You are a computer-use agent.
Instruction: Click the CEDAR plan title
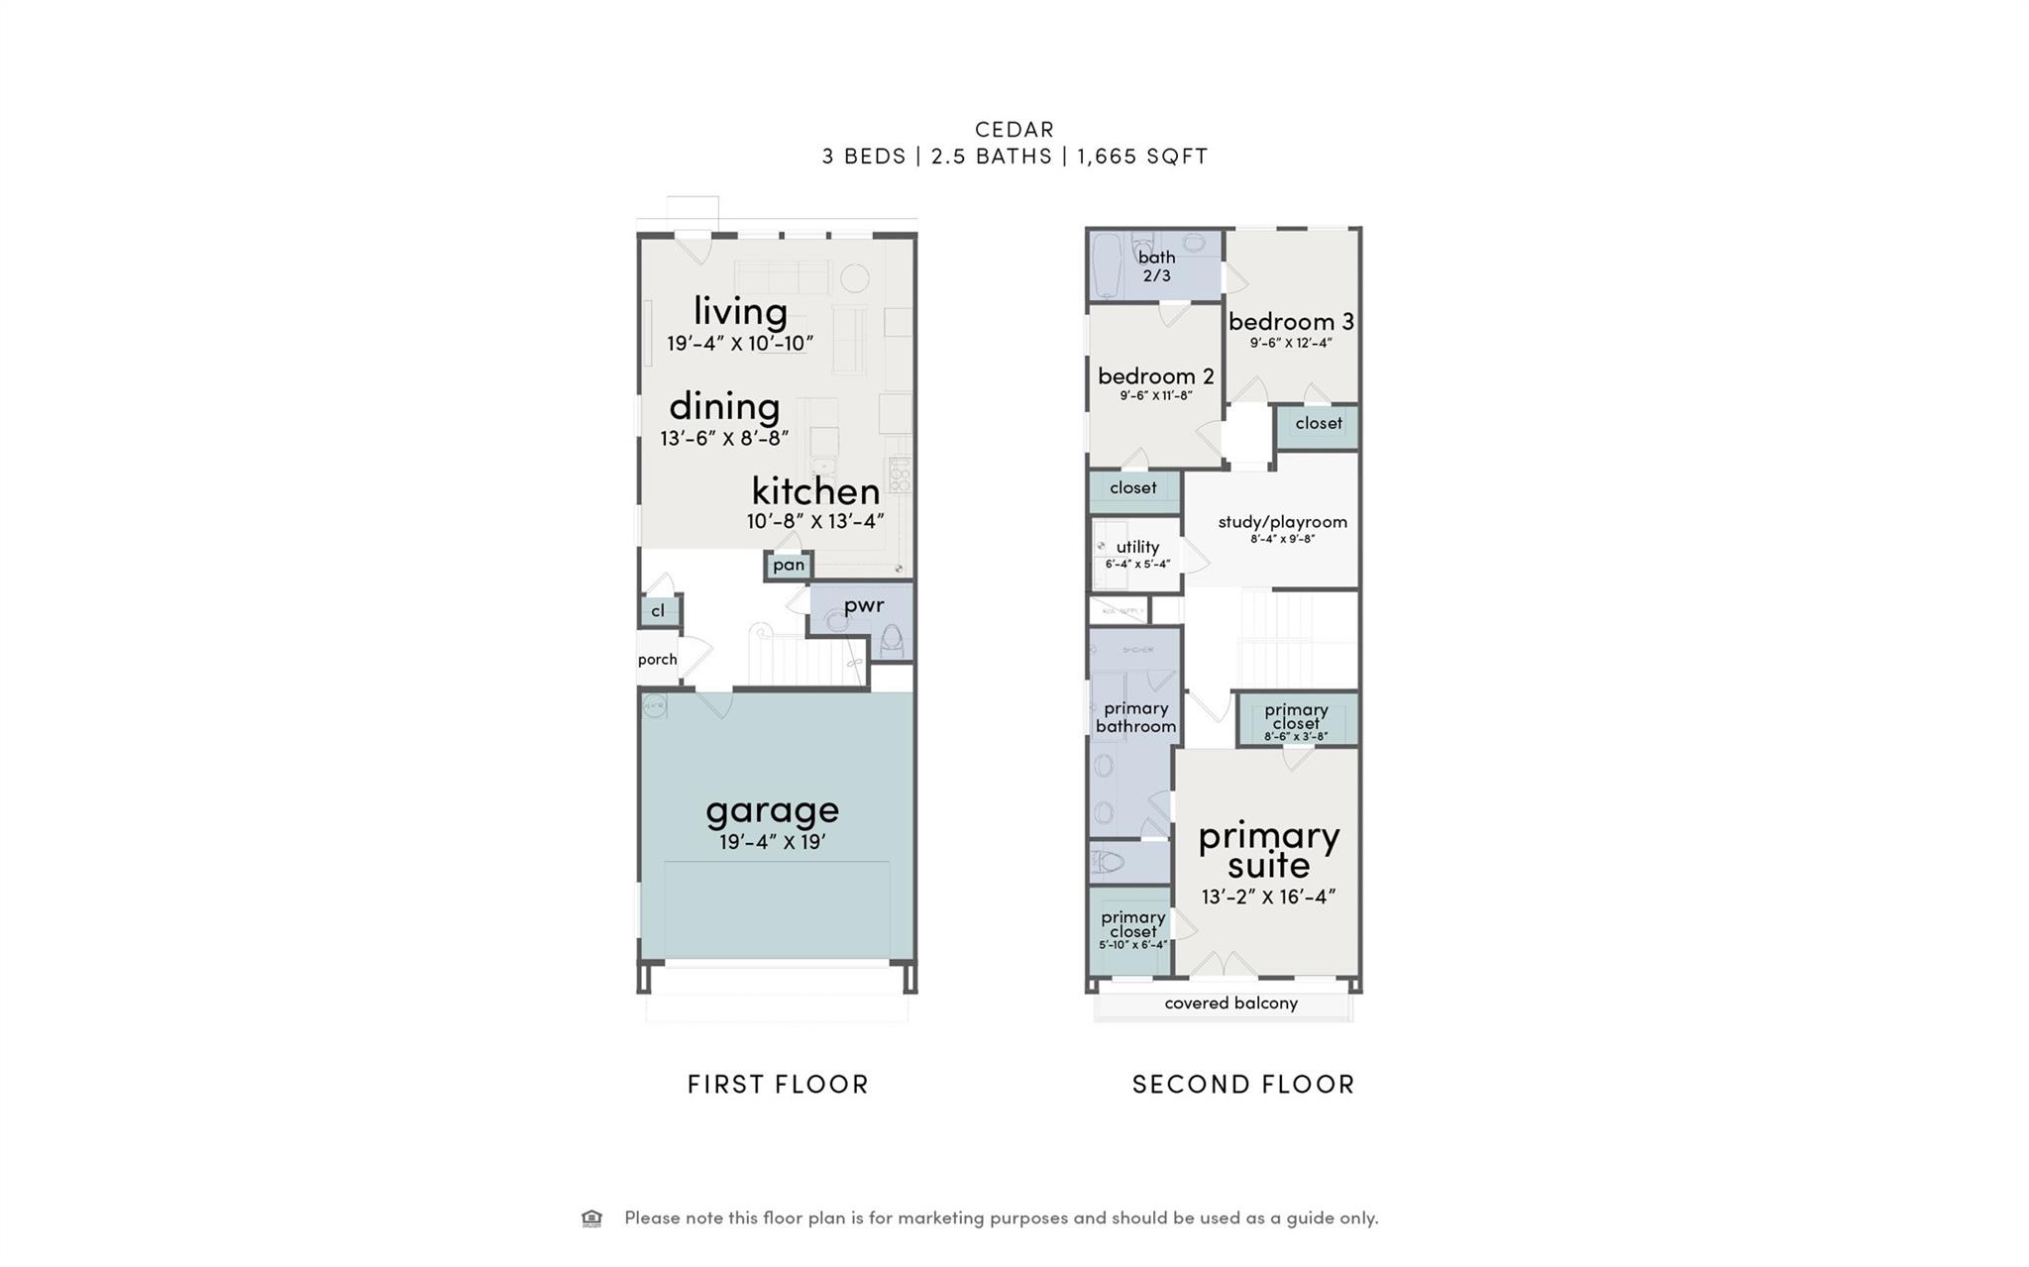point(1014,129)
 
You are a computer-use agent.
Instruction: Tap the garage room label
point(772,810)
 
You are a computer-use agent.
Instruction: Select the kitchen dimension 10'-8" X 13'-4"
point(814,521)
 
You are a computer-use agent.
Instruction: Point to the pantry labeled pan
point(789,565)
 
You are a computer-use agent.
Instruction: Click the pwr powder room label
point(863,604)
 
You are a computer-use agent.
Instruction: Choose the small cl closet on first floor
point(658,611)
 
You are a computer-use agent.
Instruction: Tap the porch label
point(657,659)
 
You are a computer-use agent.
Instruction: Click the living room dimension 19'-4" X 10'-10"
point(739,344)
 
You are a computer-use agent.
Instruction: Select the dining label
point(724,406)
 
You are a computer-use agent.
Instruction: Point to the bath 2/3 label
point(1156,265)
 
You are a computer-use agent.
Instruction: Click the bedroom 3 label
point(1290,321)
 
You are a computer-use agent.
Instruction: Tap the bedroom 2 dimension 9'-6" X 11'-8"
point(1155,395)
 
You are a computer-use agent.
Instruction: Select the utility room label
point(1137,547)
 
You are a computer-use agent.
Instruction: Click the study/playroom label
point(1282,522)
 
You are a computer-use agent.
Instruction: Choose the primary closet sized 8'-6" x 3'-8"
point(1296,721)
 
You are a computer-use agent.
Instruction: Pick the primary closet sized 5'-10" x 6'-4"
point(1132,929)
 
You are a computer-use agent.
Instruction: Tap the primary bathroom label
point(1135,717)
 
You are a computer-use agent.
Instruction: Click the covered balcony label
point(1230,1003)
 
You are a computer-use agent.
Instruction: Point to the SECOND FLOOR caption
point(1242,1084)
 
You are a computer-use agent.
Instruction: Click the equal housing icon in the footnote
point(591,1217)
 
